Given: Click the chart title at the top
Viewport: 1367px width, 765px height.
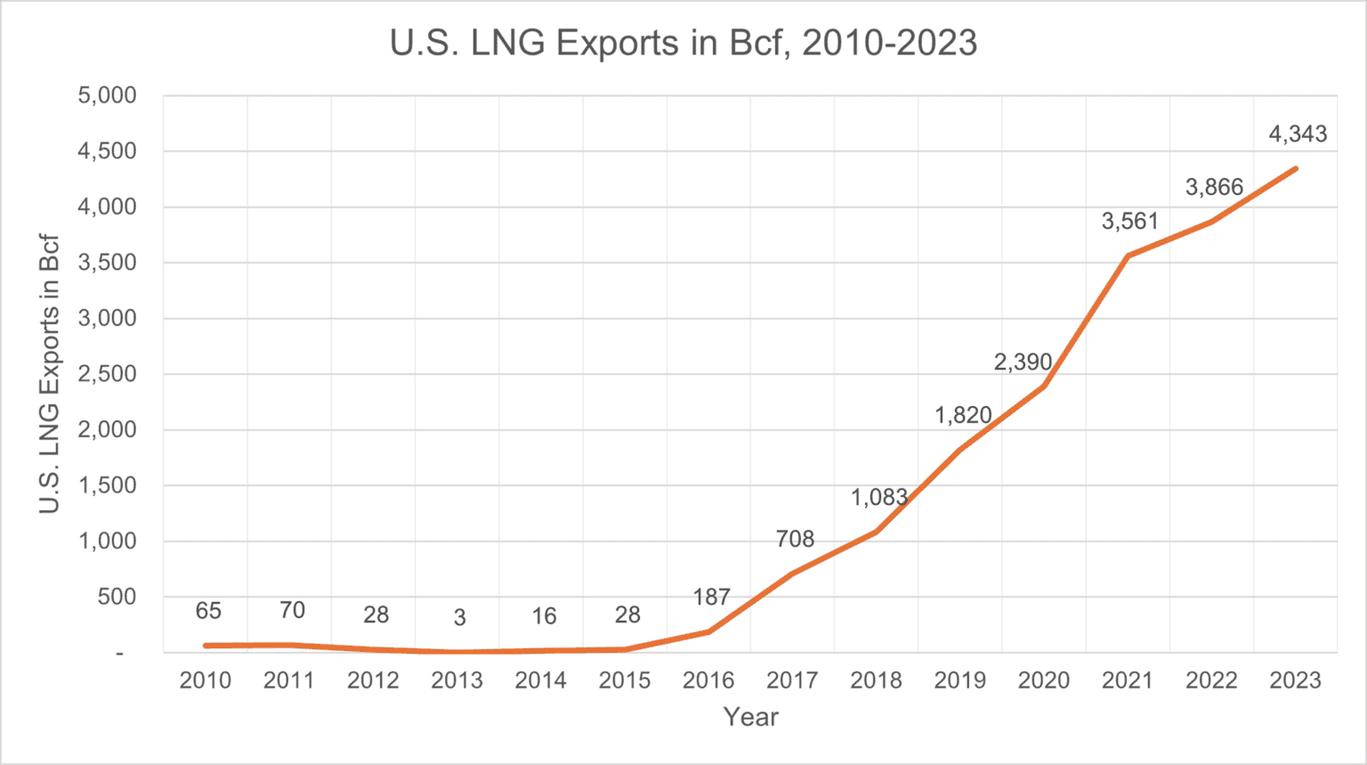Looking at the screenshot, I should (683, 43).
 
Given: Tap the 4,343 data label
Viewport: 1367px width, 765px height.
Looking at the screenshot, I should (1297, 134).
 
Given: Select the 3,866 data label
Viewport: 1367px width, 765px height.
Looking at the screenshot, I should (1214, 187).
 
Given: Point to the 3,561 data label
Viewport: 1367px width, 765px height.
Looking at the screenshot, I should (1129, 222).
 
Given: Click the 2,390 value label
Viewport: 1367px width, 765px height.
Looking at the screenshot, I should (1023, 362).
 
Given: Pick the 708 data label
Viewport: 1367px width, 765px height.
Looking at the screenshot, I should (795, 539).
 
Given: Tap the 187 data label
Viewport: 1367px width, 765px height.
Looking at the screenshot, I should (711, 597).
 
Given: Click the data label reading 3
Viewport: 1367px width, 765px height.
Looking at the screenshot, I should (459, 617).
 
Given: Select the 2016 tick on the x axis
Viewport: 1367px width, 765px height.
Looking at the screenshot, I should (708, 680).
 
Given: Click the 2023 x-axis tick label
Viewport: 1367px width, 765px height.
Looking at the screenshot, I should (1295, 680).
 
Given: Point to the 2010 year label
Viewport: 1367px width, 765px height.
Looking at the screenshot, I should (206, 680).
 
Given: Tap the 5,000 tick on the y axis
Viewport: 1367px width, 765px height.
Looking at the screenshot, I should (108, 95).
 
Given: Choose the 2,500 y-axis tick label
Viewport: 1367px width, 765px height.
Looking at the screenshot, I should (108, 374).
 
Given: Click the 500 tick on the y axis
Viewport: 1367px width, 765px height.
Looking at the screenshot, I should (117, 597).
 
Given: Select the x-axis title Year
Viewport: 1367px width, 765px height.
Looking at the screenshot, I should (750, 717).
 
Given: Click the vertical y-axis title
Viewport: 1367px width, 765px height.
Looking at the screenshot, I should (50, 374).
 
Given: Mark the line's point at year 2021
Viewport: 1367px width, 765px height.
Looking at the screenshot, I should (1128, 256).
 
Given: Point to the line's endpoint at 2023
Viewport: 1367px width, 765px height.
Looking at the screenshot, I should (1295, 168).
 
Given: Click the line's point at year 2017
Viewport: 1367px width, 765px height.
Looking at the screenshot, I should (792, 574).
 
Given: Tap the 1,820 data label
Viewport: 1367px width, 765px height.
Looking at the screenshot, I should (963, 415).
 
